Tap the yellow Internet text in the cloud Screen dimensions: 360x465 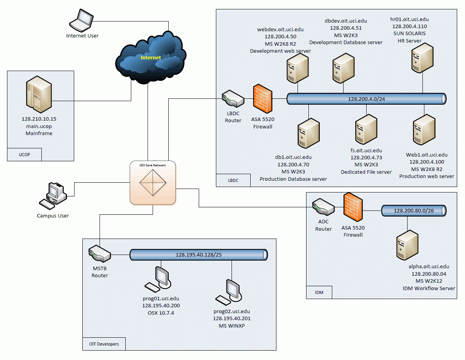coord(151,57)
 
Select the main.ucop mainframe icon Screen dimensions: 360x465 coord(39,94)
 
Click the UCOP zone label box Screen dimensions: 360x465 coord(24,155)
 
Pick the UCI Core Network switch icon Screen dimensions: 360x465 coord(153,183)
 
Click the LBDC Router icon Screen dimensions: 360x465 coord(233,100)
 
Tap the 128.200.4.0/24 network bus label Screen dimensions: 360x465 coord(366,99)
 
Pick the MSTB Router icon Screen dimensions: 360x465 coord(100,254)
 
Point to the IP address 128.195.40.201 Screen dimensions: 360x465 coord(232,319)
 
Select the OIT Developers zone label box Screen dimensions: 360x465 coord(103,344)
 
